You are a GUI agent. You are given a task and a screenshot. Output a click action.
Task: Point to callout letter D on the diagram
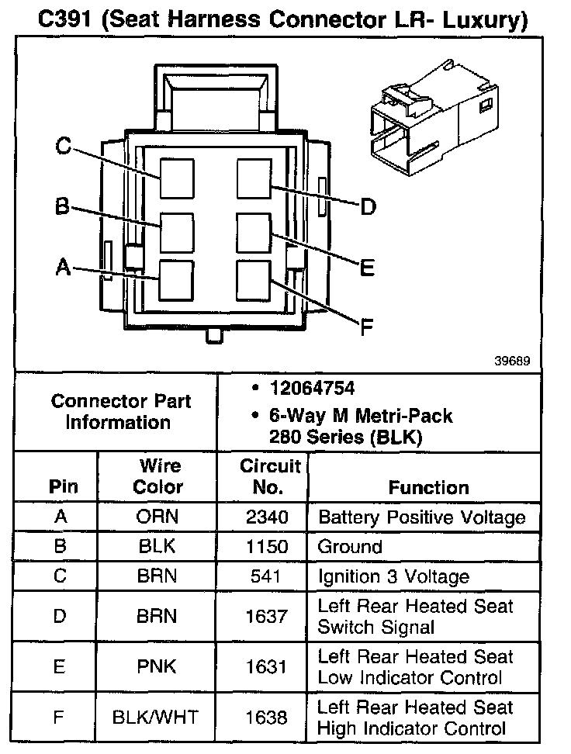368,206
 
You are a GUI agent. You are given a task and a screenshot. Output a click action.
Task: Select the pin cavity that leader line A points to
176,279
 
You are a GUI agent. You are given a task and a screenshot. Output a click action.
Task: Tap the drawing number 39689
512,361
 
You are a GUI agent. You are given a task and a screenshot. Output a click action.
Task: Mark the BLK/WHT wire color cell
156,718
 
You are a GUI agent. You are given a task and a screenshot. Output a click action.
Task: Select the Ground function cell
350,547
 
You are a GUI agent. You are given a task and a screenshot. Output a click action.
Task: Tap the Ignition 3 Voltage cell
393,576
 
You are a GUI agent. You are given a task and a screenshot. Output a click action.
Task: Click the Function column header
428,488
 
